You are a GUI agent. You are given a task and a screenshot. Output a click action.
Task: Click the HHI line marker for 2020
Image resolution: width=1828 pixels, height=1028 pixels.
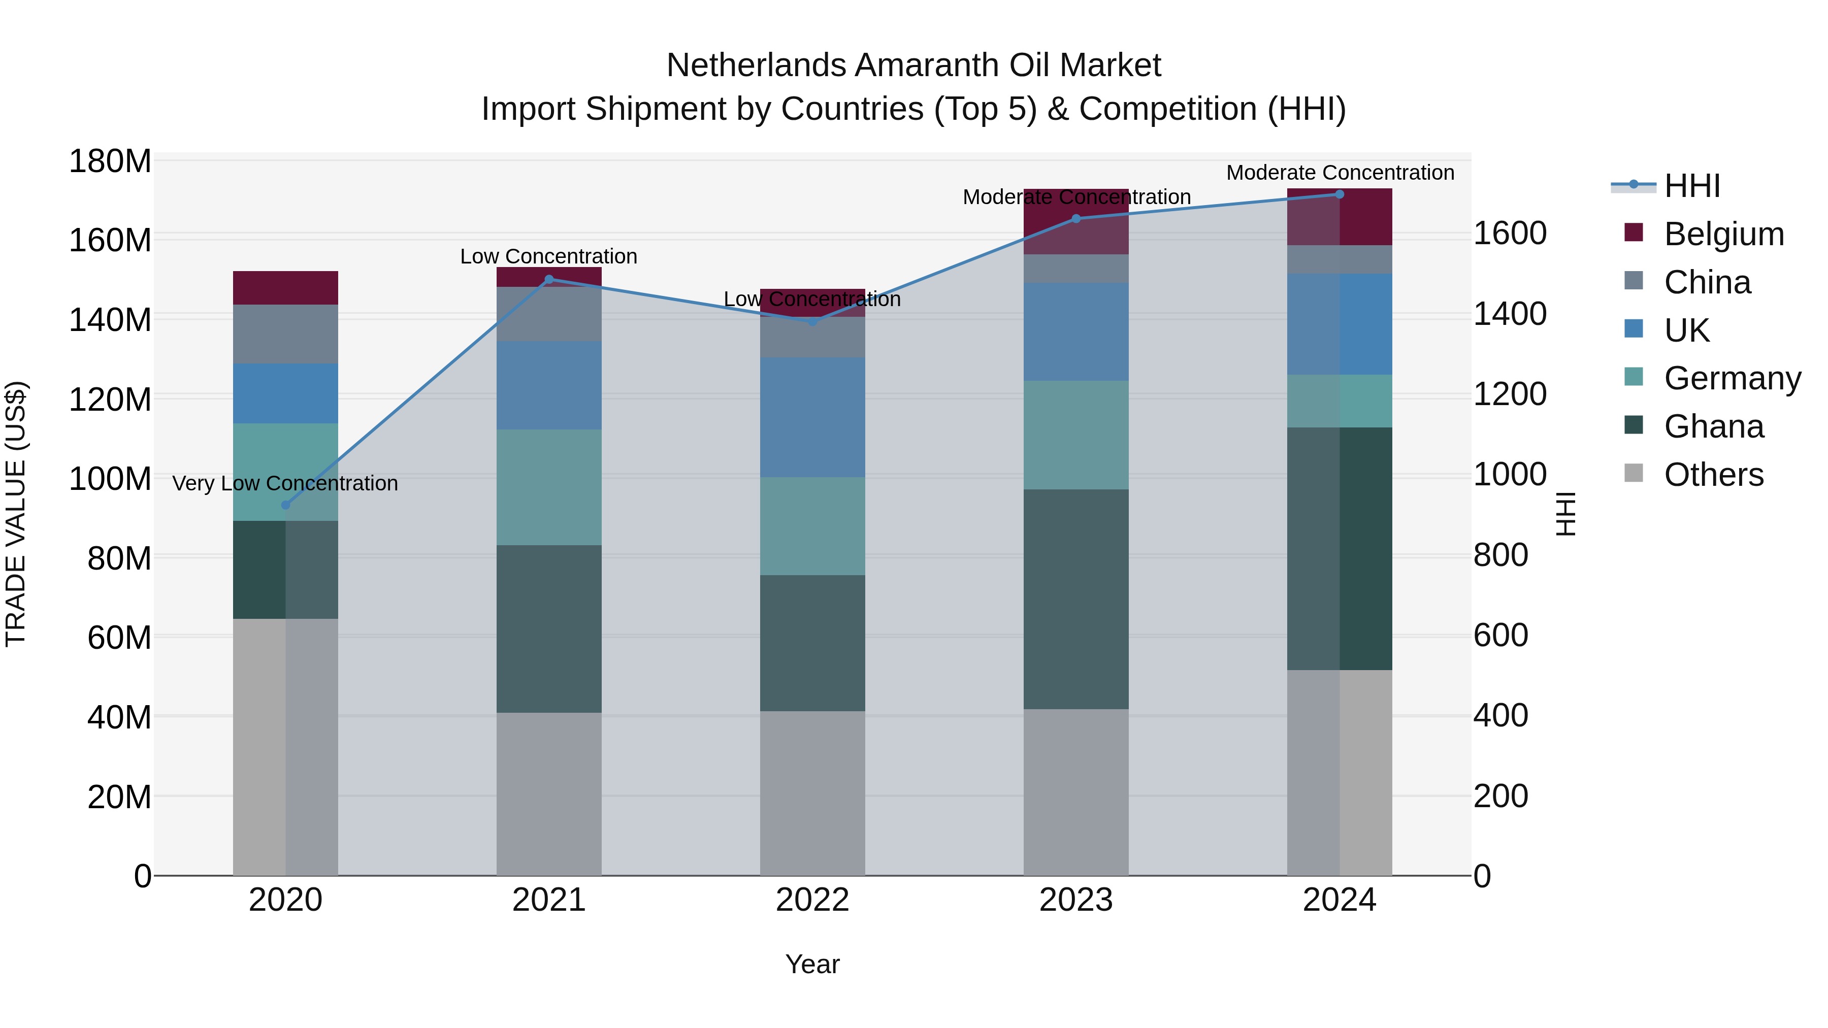pos(286,505)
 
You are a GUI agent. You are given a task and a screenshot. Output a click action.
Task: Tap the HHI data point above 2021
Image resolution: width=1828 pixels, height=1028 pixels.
pos(548,280)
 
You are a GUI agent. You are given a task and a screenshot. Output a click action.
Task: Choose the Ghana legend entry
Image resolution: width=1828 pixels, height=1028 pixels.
pos(1713,426)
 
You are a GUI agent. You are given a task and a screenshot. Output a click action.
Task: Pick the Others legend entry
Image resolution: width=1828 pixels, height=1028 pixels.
pos(1713,475)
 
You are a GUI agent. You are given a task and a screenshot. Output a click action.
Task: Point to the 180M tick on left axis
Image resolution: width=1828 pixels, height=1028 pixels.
pos(110,162)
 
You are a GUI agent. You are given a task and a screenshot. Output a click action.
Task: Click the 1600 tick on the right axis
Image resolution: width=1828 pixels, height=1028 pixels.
pos(1510,234)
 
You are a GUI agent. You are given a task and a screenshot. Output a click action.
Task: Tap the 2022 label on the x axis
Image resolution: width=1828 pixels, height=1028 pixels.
pos(812,900)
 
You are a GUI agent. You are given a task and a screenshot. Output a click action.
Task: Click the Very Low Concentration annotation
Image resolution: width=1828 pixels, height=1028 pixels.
pos(285,484)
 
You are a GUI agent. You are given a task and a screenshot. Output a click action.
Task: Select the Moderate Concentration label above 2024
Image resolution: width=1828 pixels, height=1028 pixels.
pos(1340,173)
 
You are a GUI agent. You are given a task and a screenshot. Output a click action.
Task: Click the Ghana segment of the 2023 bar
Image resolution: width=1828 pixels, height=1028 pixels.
pos(1076,600)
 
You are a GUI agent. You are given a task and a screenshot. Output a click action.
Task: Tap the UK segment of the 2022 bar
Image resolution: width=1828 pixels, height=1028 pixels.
pos(812,417)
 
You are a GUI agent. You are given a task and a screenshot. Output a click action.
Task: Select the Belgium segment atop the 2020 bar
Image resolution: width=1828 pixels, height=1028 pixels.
pos(285,288)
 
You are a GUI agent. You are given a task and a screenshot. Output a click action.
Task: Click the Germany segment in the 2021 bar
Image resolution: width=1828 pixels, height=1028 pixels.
pos(548,487)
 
